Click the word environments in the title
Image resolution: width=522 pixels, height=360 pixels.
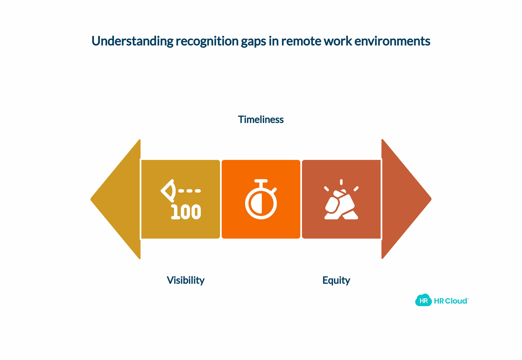coord(392,41)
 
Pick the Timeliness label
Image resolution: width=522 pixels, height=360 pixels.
coord(261,119)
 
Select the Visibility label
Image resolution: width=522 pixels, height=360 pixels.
coord(186,280)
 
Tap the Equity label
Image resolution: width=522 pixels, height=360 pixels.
coord(336,280)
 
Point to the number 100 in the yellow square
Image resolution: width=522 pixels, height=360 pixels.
coord(186,212)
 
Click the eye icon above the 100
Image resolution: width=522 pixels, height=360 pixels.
coord(168,191)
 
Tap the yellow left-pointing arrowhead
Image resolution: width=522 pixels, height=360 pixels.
coord(115,199)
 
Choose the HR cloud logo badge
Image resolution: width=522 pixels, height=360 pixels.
coord(424,300)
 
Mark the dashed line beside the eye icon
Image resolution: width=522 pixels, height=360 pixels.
coord(190,191)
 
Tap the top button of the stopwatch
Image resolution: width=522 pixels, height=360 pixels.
coord(261,181)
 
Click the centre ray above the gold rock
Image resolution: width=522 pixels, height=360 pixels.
coord(341,182)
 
